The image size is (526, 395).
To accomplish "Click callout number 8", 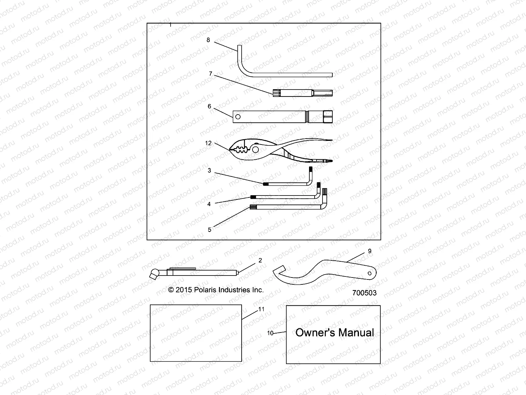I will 208,40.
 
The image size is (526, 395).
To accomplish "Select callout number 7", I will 211,74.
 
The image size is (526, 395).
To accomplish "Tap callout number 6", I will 209,107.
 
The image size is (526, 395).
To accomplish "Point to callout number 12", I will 208,143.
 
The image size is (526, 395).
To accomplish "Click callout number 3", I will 209,171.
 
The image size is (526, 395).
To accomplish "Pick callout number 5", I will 210,230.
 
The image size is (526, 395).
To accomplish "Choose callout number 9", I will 370,251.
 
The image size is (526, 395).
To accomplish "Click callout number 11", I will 261,309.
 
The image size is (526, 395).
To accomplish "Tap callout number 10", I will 270,333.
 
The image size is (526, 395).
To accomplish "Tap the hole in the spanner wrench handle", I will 370,273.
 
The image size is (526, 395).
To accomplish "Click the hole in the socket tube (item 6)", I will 238,117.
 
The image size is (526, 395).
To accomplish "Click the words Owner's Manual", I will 334,332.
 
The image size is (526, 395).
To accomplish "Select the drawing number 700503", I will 364,293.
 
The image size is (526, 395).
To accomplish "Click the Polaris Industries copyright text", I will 216,290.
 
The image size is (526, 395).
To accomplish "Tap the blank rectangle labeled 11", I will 196,333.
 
